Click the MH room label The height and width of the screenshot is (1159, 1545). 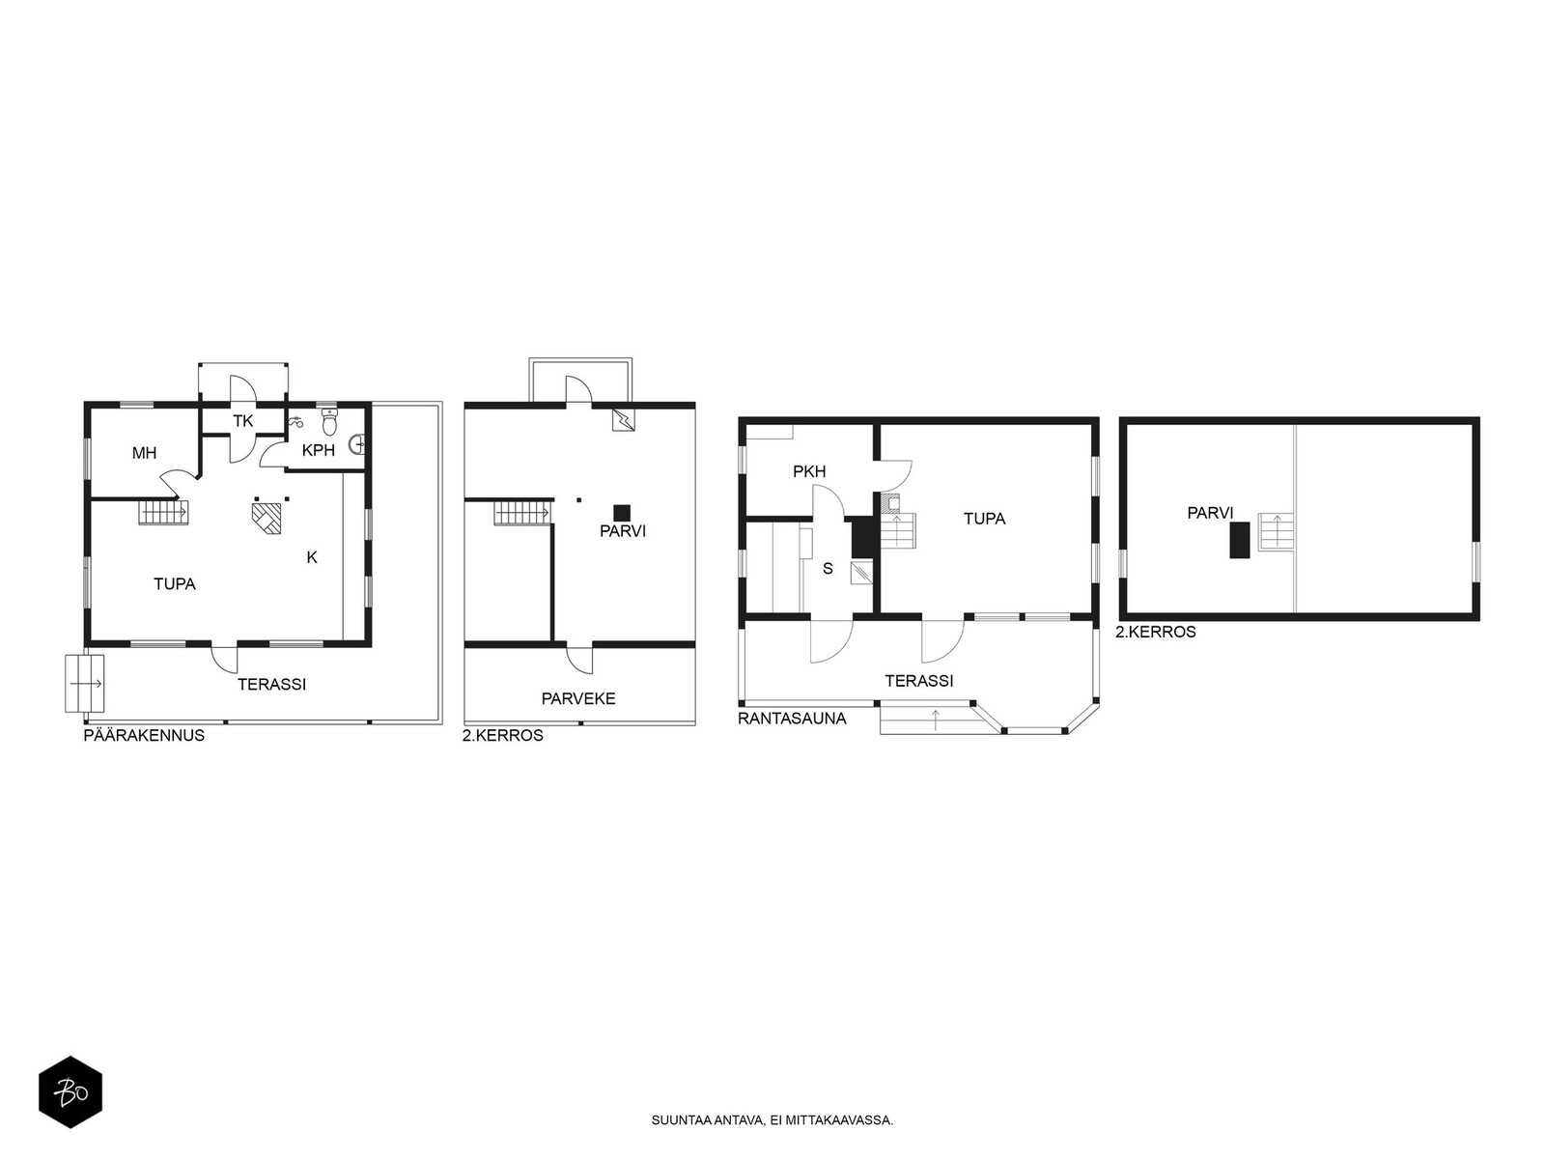click(x=144, y=453)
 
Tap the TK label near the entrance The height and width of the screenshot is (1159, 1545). click(x=242, y=421)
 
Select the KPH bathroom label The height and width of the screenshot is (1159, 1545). click(x=318, y=450)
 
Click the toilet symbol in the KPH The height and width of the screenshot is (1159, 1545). click(x=328, y=421)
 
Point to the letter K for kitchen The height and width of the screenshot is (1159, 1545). click(x=312, y=557)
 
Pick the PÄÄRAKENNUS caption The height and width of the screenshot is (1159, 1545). click(x=144, y=735)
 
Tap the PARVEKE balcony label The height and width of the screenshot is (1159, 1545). click(x=578, y=698)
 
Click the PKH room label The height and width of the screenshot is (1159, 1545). click(x=809, y=471)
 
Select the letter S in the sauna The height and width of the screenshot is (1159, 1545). click(x=828, y=569)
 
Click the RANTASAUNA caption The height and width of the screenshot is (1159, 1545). click(x=792, y=719)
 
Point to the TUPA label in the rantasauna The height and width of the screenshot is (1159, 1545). click(x=984, y=519)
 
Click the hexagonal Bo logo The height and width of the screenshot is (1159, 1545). click(x=70, y=1092)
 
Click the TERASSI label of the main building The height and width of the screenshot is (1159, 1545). click(x=271, y=684)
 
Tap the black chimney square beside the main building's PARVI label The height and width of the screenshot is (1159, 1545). click(x=622, y=513)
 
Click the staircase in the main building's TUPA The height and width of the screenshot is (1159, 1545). click(x=163, y=511)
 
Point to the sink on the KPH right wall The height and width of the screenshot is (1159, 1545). click(x=357, y=444)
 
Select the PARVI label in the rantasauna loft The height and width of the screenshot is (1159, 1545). click(x=1210, y=513)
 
